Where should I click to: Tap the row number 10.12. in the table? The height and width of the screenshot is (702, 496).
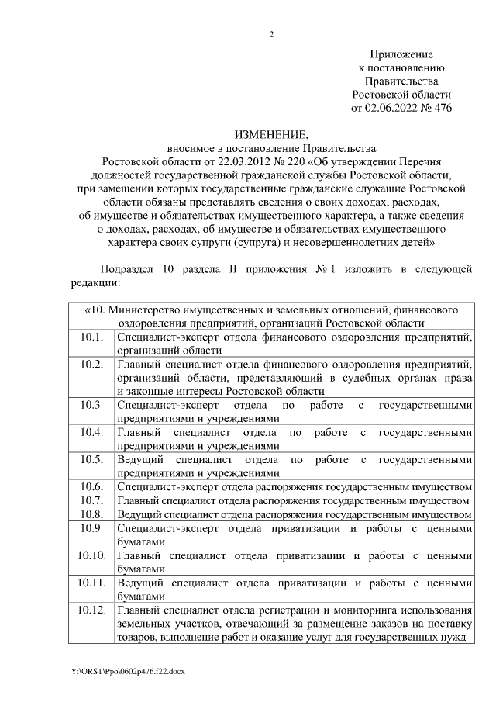click(x=91, y=610)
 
